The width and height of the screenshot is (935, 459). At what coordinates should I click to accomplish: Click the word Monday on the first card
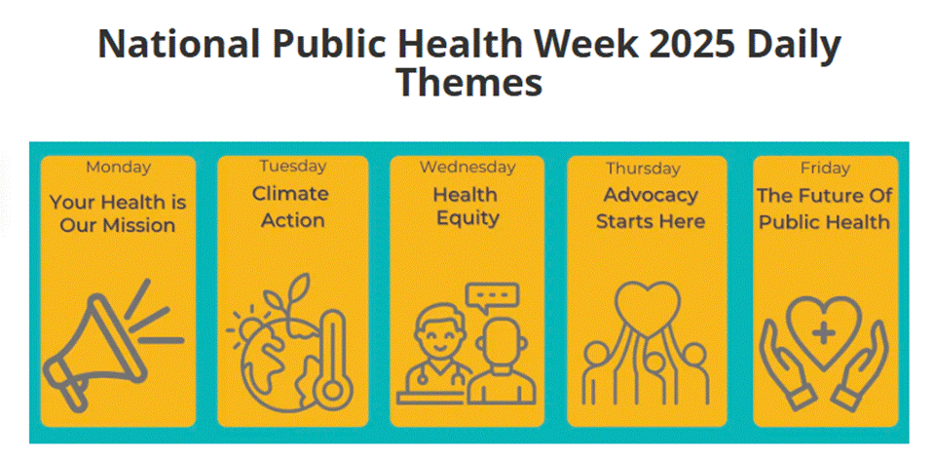coord(118,167)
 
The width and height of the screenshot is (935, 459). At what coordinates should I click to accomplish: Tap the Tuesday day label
coord(293,167)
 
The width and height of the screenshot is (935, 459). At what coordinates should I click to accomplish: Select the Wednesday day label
coord(467,167)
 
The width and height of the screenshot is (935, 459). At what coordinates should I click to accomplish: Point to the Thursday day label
coord(644,169)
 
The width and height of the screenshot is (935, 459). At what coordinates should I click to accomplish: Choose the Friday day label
coord(825,169)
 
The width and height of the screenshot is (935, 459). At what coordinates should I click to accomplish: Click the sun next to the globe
coord(245,327)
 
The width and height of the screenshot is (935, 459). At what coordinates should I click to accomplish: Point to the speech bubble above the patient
coord(493,298)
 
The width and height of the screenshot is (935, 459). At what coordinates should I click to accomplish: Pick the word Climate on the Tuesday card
coord(290,194)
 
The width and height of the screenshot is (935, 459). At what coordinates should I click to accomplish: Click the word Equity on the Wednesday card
coord(467,218)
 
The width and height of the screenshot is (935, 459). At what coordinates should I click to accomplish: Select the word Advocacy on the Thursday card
coord(651,195)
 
